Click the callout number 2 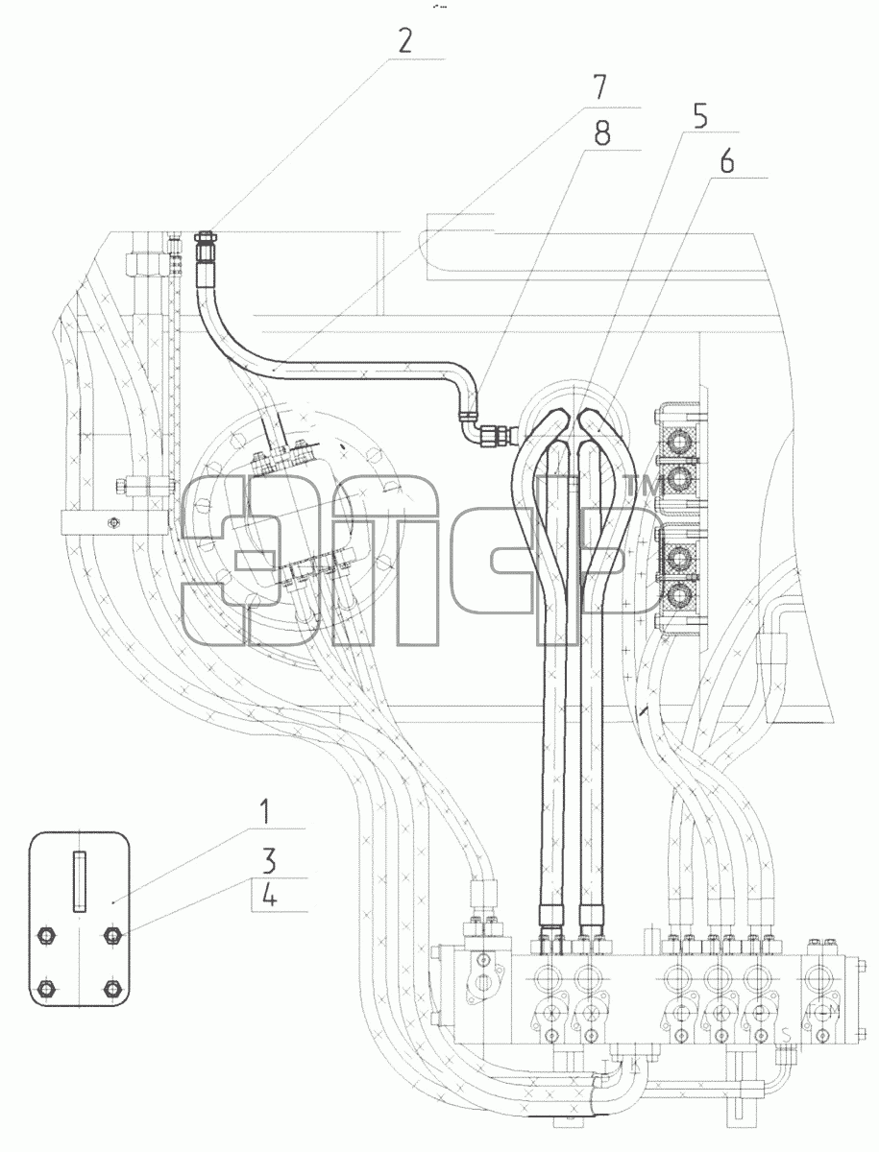coord(404,41)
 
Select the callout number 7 coord(600,87)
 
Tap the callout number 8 coord(601,133)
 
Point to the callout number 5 coord(700,116)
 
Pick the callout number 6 coord(726,160)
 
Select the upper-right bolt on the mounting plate coord(111,935)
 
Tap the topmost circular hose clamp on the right coord(679,444)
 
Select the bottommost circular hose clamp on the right coord(679,594)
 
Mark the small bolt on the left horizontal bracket coord(113,522)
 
